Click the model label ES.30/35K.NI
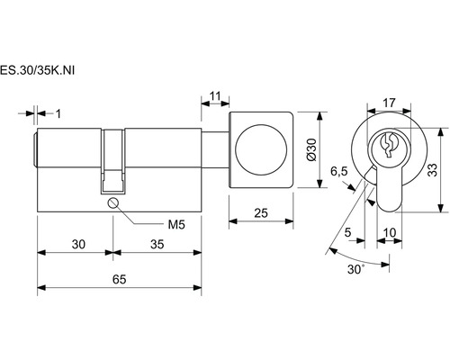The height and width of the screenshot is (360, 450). [37, 70]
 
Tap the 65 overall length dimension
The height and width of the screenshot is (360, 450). [119, 279]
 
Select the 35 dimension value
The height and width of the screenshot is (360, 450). [157, 244]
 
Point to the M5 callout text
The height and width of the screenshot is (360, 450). [176, 224]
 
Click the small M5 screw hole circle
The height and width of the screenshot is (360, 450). [113, 203]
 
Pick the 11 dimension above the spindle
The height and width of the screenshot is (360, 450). [215, 96]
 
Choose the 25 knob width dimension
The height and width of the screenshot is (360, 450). [261, 213]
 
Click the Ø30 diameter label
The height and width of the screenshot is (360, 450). [312, 149]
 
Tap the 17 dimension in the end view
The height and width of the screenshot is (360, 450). [389, 103]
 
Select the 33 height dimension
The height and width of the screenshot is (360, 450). [432, 170]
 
